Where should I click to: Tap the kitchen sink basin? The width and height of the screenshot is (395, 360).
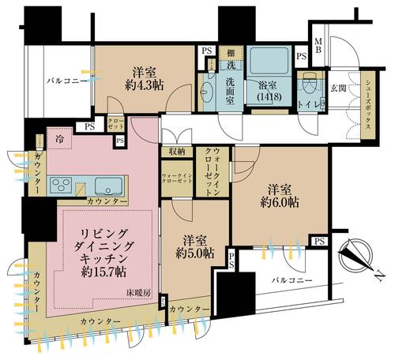pyautogui.click(x=107, y=186)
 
